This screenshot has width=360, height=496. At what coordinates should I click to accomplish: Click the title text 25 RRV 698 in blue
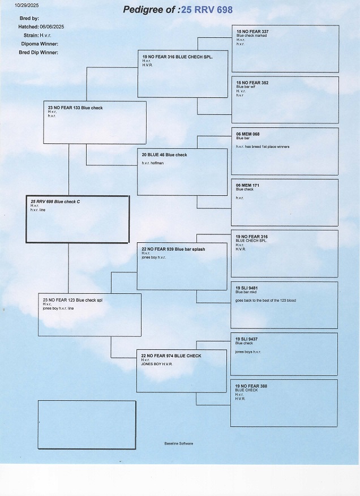(x=207, y=10)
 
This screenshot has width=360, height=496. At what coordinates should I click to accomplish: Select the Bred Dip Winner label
(x=39, y=52)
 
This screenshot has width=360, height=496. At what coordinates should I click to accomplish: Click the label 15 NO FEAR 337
(x=252, y=31)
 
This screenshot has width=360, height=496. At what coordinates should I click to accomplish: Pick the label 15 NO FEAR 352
(x=252, y=83)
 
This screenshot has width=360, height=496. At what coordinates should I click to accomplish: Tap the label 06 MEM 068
(x=248, y=134)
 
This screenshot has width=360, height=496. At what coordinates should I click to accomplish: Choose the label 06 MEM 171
(x=248, y=185)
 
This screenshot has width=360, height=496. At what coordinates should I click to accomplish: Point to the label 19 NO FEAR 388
(x=251, y=386)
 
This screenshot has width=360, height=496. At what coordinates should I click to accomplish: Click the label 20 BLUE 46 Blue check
(x=164, y=155)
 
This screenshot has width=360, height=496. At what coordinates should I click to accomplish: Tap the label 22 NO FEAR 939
(x=173, y=249)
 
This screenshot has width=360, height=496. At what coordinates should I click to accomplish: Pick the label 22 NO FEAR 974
(x=171, y=356)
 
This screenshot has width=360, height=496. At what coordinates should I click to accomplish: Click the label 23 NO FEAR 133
(x=75, y=108)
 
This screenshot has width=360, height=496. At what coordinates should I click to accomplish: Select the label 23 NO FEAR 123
(x=72, y=300)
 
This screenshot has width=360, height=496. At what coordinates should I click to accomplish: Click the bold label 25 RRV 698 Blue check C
(x=55, y=202)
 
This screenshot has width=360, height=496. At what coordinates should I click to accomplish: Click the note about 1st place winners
(x=262, y=147)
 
